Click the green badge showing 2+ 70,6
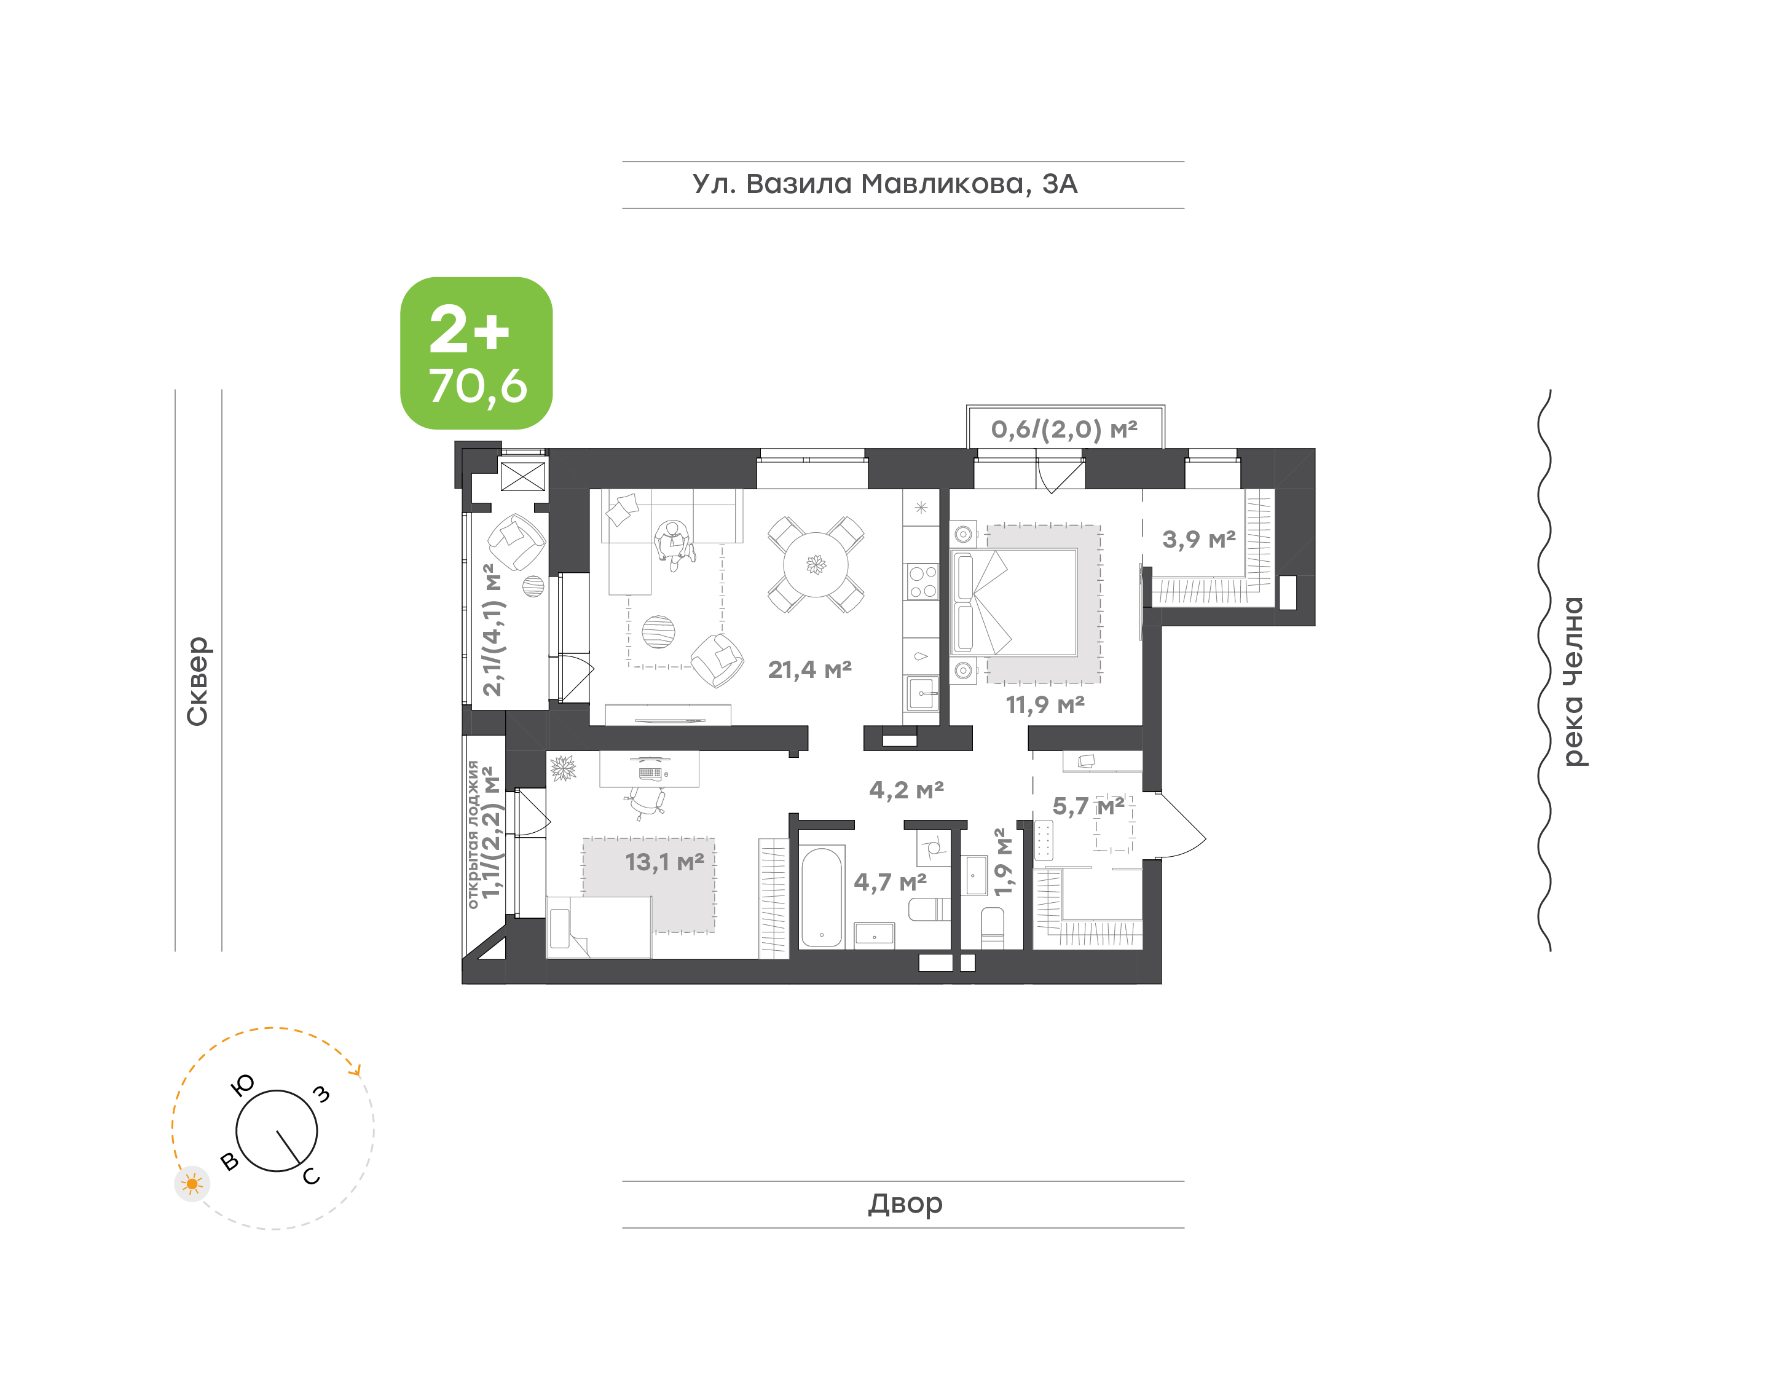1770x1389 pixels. (476, 353)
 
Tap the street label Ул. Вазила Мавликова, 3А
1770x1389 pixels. (884, 184)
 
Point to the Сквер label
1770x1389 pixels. (197, 681)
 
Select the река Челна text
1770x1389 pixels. (1573, 682)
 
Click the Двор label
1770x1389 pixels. (905, 1203)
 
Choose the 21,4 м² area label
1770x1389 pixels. (810, 669)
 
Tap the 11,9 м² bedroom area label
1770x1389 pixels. (1045, 704)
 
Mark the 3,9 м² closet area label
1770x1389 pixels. (1198, 539)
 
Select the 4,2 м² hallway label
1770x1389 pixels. (906, 790)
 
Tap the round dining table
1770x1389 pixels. (816, 564)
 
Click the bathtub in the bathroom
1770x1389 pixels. (821, 898)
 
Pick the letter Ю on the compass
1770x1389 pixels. (242, 1085)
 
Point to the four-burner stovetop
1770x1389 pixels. (922, 581)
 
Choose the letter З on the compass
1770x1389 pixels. (322, 1094)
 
